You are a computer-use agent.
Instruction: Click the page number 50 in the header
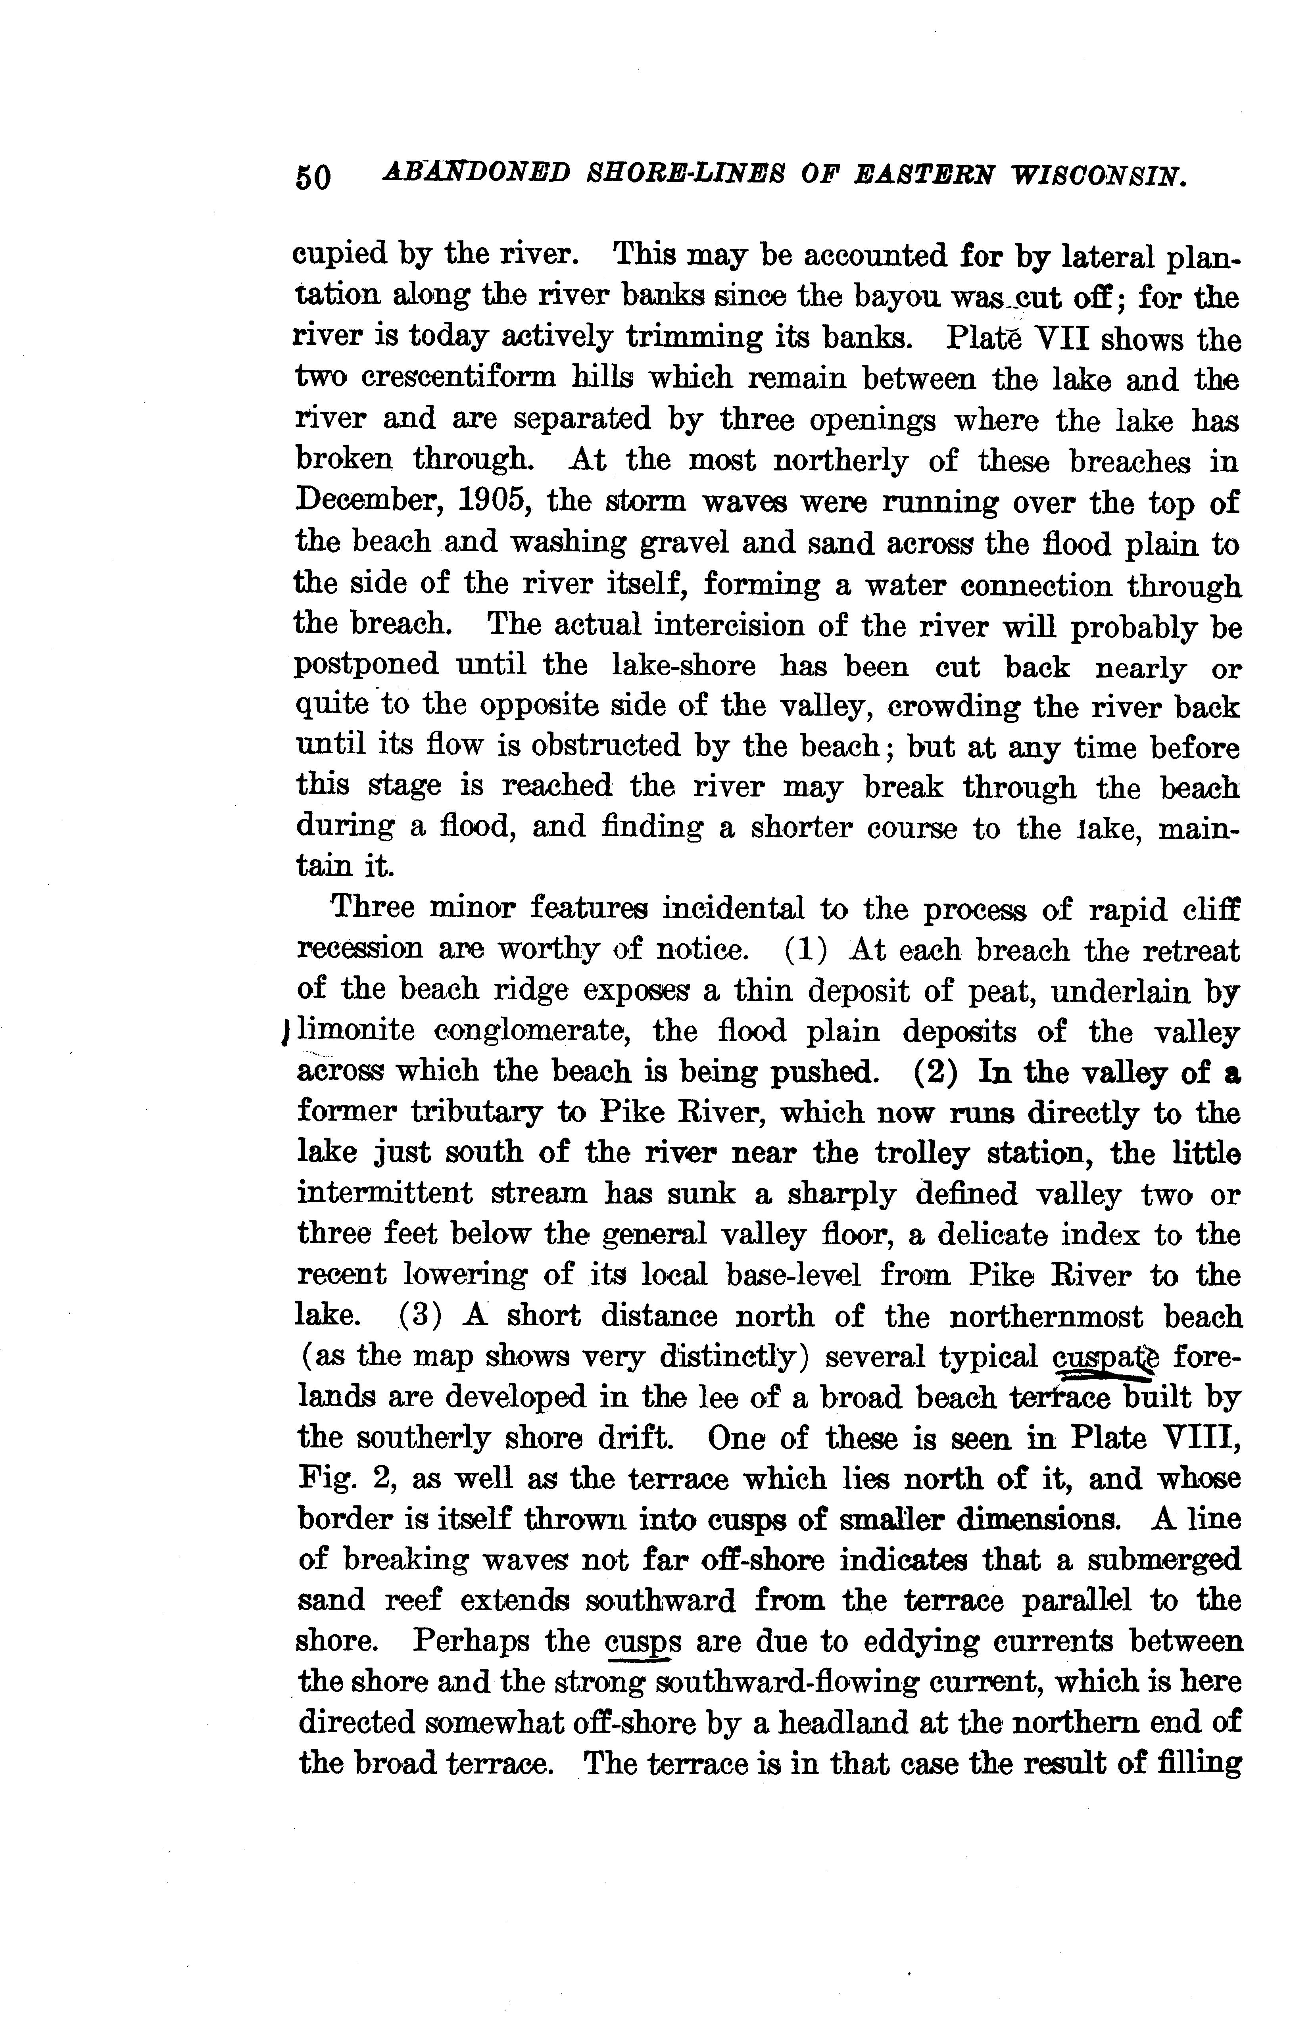(313, 178)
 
